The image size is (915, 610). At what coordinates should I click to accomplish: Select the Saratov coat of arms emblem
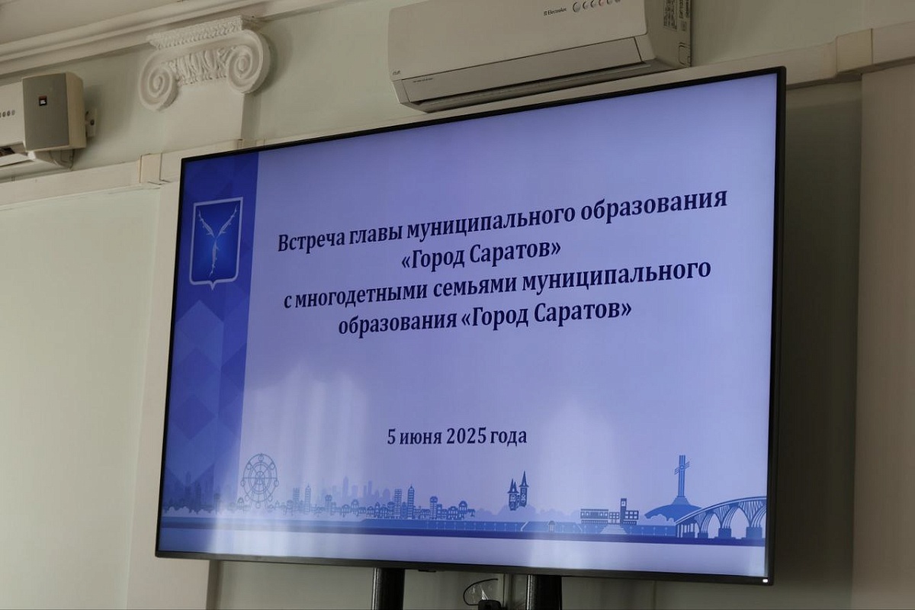[217, 242]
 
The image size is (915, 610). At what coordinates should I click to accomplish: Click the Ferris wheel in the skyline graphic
[260, 482]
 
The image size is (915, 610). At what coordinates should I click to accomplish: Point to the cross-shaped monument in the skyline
[682, 477]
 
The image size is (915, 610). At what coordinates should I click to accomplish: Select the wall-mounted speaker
[54, 111]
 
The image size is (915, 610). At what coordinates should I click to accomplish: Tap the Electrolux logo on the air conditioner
[556, 12]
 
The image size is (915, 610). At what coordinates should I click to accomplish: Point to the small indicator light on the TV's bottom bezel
[765, 579]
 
